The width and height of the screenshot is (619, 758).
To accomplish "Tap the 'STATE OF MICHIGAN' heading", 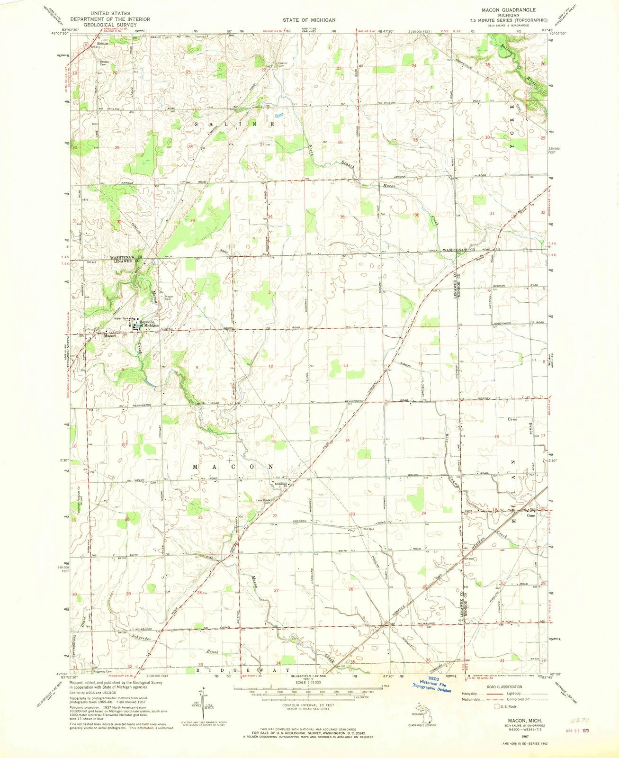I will coord(310,20).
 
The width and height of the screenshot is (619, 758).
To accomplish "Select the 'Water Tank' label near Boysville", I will coord(122,318).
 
